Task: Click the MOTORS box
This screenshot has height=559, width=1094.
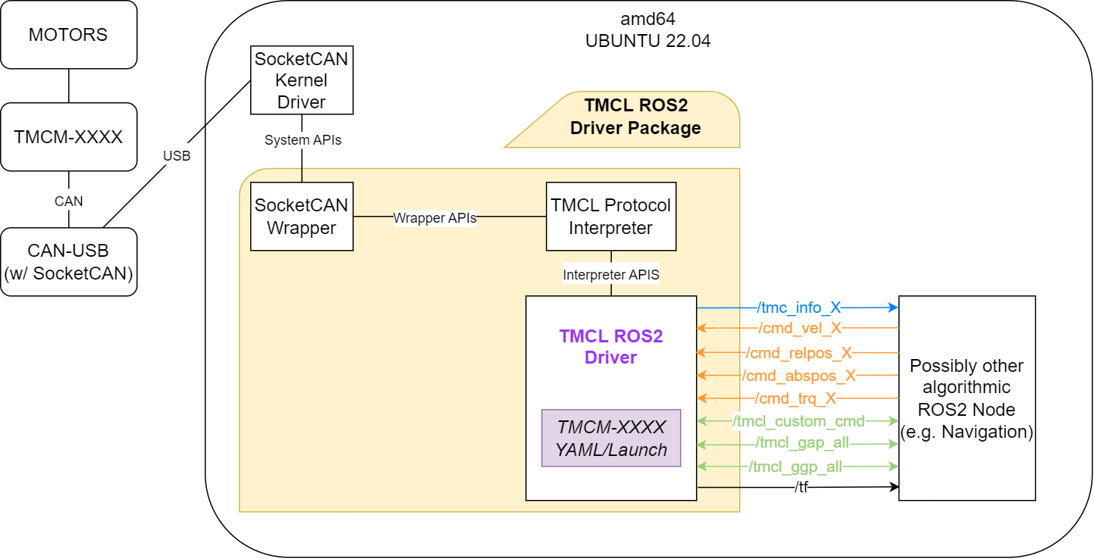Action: [x=68, y=35]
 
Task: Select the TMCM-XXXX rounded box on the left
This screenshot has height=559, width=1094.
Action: [x=68, y=137]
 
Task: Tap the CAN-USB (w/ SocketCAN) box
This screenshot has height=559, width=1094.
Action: [x=68, y=262]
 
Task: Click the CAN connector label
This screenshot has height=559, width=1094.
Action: [x=69, y=201]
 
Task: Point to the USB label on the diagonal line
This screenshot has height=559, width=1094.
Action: [x=177, y=156]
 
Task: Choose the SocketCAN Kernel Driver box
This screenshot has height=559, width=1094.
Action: [x=302, y=80]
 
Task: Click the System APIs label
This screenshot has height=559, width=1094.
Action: [x=302, y=140]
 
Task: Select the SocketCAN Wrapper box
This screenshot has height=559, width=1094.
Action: [x=302, y=217]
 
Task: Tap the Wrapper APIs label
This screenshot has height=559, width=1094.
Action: [x=434, y=217]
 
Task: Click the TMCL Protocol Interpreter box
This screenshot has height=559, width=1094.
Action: [x=611, y=217]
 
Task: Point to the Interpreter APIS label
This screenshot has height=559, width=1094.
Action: [x=611, y=275]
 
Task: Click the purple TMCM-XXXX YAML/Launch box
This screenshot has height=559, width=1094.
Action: [x=611, y=438]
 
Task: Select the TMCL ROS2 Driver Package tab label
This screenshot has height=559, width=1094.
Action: [x=635, y=117]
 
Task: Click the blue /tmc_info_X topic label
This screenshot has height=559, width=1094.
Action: [x=799, y=308]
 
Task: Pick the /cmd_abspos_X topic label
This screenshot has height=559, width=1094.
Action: [x=799, y=375]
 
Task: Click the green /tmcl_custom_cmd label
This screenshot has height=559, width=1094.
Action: [x=798, y=420]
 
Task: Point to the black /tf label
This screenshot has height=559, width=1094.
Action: [x=801, y=487]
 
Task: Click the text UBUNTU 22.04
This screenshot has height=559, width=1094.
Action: [x=647, y=41]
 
